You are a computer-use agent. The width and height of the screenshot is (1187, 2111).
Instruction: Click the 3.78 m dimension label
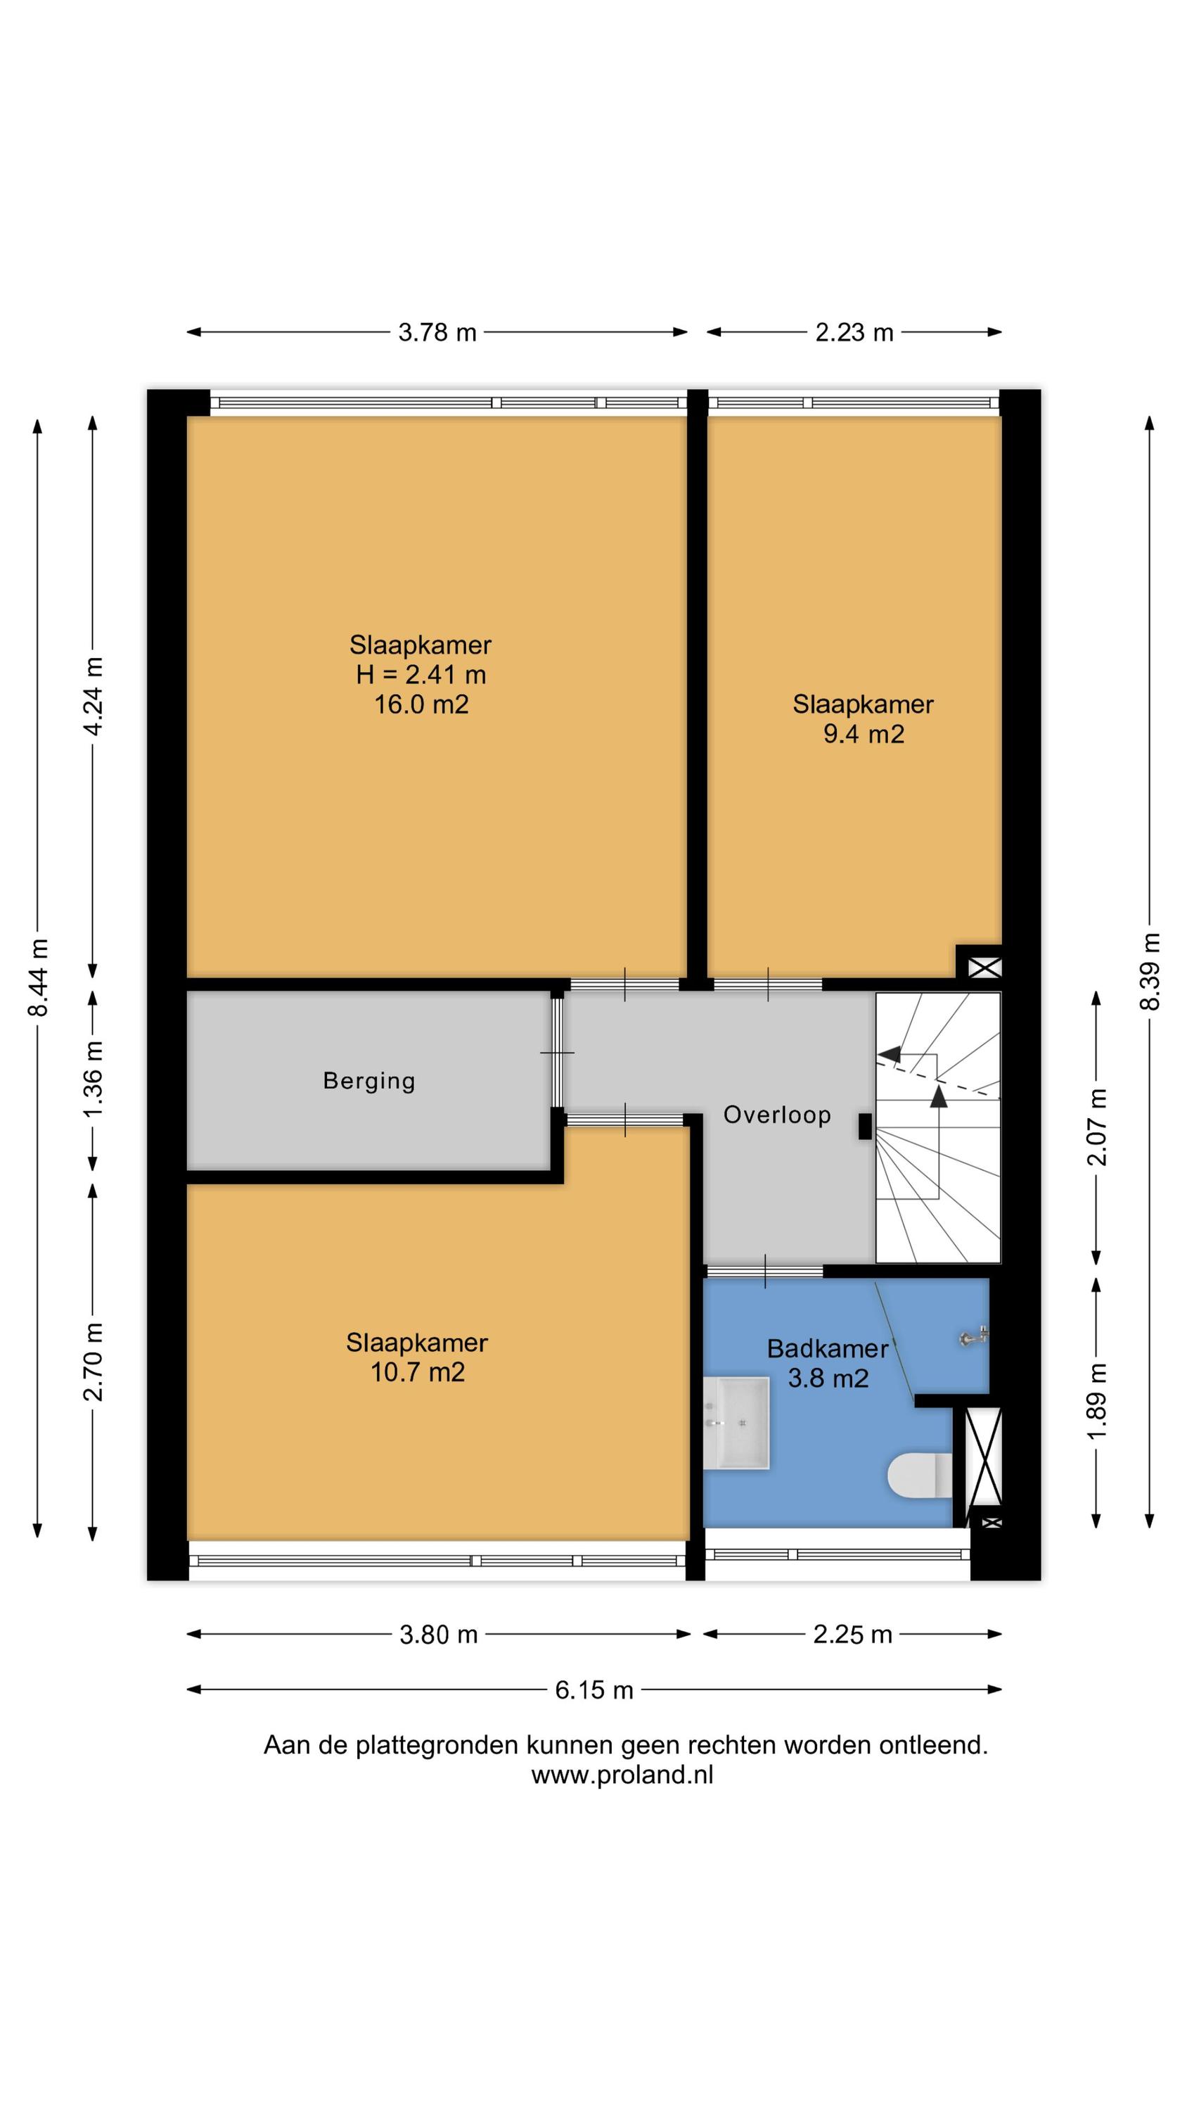coord(437,332)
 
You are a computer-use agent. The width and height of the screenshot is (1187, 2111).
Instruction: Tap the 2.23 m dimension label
coord(854,332)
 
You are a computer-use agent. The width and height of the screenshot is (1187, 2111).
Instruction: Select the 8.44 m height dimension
coord(38,977)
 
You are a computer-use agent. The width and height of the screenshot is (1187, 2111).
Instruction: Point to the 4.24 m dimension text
coord(94,697)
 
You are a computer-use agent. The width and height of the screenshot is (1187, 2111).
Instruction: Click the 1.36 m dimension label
coord(94,1079)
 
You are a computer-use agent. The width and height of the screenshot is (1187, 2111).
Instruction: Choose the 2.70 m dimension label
coord(94,1361)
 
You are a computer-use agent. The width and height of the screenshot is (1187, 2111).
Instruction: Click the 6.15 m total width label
coord(594,1689)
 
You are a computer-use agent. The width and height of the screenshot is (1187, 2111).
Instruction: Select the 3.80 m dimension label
coord(438,1634)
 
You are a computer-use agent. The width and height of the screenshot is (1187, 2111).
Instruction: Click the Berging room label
coord(369,1081)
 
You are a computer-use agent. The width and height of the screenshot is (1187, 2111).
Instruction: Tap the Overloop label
coord(778,1115)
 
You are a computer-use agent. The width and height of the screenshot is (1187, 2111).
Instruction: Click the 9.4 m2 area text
coord(864,733)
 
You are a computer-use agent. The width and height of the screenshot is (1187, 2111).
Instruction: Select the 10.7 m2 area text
coord(418,1372)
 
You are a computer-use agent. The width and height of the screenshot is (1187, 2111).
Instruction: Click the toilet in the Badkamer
coord(920,1475)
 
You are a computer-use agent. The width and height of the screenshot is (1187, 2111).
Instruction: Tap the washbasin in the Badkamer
coord(736,1423)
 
